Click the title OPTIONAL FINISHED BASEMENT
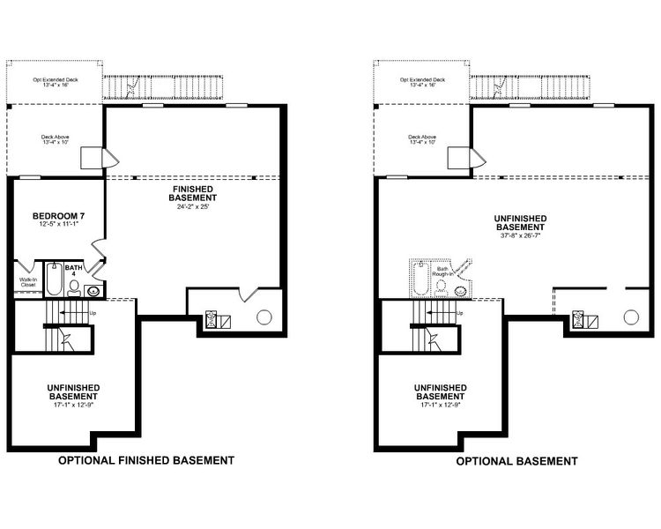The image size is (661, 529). [145, 460]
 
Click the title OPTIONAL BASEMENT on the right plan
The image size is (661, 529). [516, 460]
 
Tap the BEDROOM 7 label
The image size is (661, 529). [57, 217]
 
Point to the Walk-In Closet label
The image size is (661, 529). [28, 282]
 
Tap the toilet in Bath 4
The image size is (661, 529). [73, 287]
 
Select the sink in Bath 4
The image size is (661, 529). [93, 290]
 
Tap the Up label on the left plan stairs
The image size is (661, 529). [93, 313]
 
